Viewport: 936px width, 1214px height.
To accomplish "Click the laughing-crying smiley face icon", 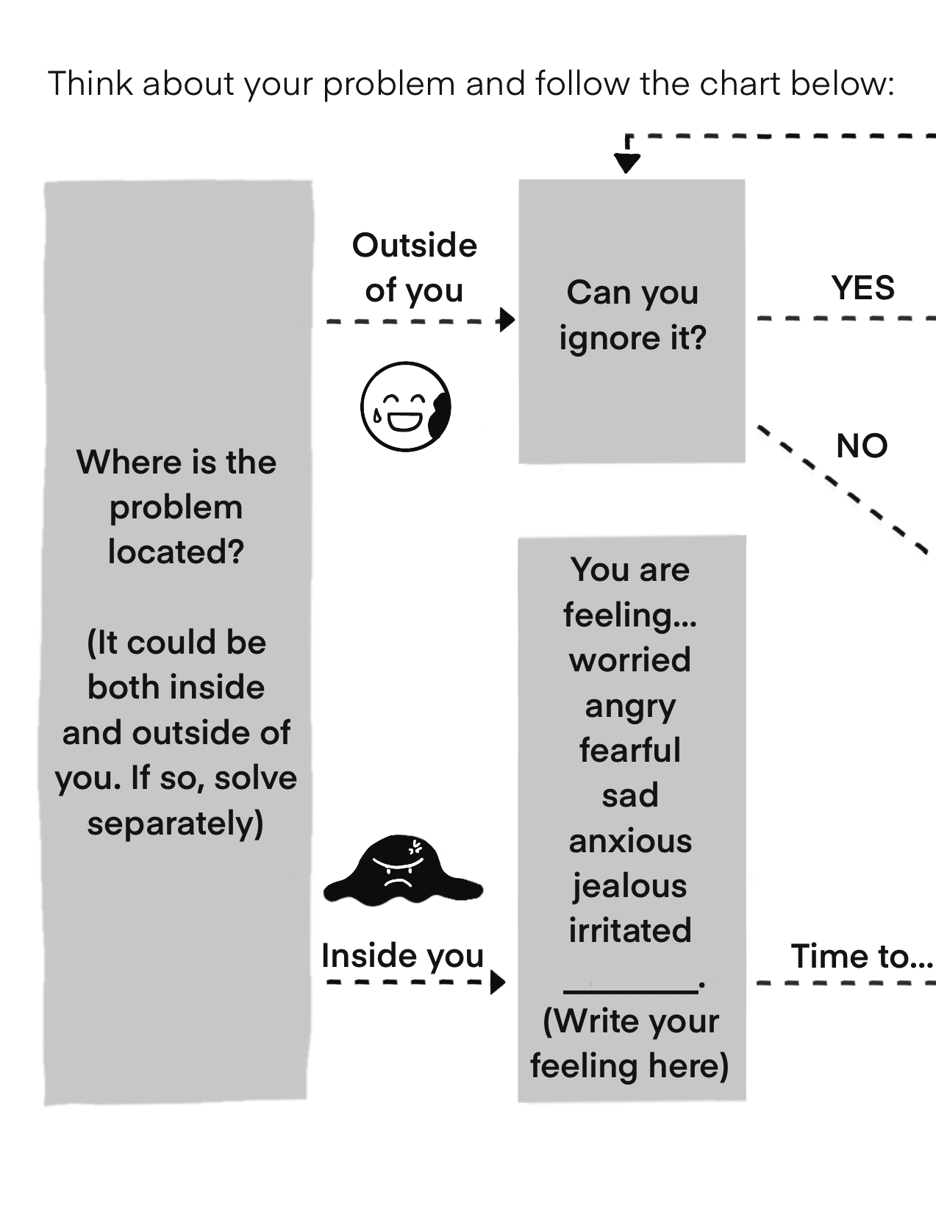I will pos(405,407).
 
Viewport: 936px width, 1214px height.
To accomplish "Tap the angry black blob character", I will pos(401,872).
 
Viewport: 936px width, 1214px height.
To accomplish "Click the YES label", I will pos(862,288).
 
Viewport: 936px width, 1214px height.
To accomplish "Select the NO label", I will pos(862,446).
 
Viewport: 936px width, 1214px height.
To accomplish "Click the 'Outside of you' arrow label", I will pos(414,267).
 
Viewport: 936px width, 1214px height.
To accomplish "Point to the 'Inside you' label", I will pos(402,956).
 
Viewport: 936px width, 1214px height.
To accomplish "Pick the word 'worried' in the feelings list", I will pos(630,660).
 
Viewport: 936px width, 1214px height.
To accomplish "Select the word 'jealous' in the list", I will pos(630,885).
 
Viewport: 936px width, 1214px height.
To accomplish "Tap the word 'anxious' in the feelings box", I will pos(630,840).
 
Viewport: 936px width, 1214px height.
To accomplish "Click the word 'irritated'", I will pos(630,930).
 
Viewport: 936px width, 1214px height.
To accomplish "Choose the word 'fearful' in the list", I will pos(630,750).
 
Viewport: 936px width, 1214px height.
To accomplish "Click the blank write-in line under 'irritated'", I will pos(630,990).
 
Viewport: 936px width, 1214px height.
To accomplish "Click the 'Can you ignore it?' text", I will pos(632,315).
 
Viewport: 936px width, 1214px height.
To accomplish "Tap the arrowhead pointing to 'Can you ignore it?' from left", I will pos(507,321).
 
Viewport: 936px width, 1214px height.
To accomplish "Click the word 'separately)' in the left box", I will pos(175,824).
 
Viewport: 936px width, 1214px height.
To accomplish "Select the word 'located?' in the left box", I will pos(176,552).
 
